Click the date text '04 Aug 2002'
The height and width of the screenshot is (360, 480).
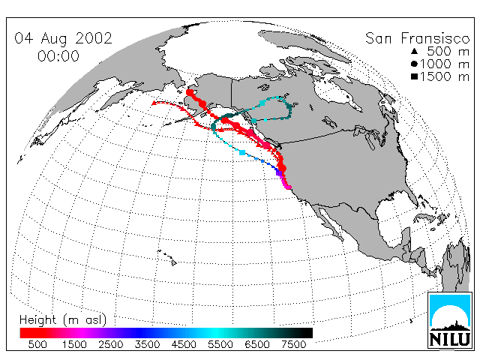coord(63,38)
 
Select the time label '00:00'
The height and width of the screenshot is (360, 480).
coord(58,56)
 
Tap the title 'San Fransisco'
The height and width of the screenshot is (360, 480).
coord(417,38)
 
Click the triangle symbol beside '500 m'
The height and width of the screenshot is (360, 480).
coord(414,51)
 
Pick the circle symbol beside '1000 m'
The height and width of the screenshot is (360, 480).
coord(414,64)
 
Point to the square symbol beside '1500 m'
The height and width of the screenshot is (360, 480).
coord(414,76)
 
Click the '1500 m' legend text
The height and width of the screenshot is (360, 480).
coord(445,76)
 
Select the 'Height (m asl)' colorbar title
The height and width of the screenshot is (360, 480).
coord(63,320)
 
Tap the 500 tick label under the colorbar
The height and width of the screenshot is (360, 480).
coord(37,344)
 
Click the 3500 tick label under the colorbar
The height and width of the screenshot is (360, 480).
coord(147,344)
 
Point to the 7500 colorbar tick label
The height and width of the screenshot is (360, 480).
coord(293,344)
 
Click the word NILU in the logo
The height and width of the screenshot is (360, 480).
coord(449,339)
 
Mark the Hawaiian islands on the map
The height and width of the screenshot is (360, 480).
coord(167,258)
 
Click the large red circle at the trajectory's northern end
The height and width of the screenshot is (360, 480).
coord(190,92)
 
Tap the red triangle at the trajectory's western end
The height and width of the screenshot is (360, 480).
coord(154,103)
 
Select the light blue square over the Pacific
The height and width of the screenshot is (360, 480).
coord(242,152)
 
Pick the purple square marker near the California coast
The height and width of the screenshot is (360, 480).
coord(279,173)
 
